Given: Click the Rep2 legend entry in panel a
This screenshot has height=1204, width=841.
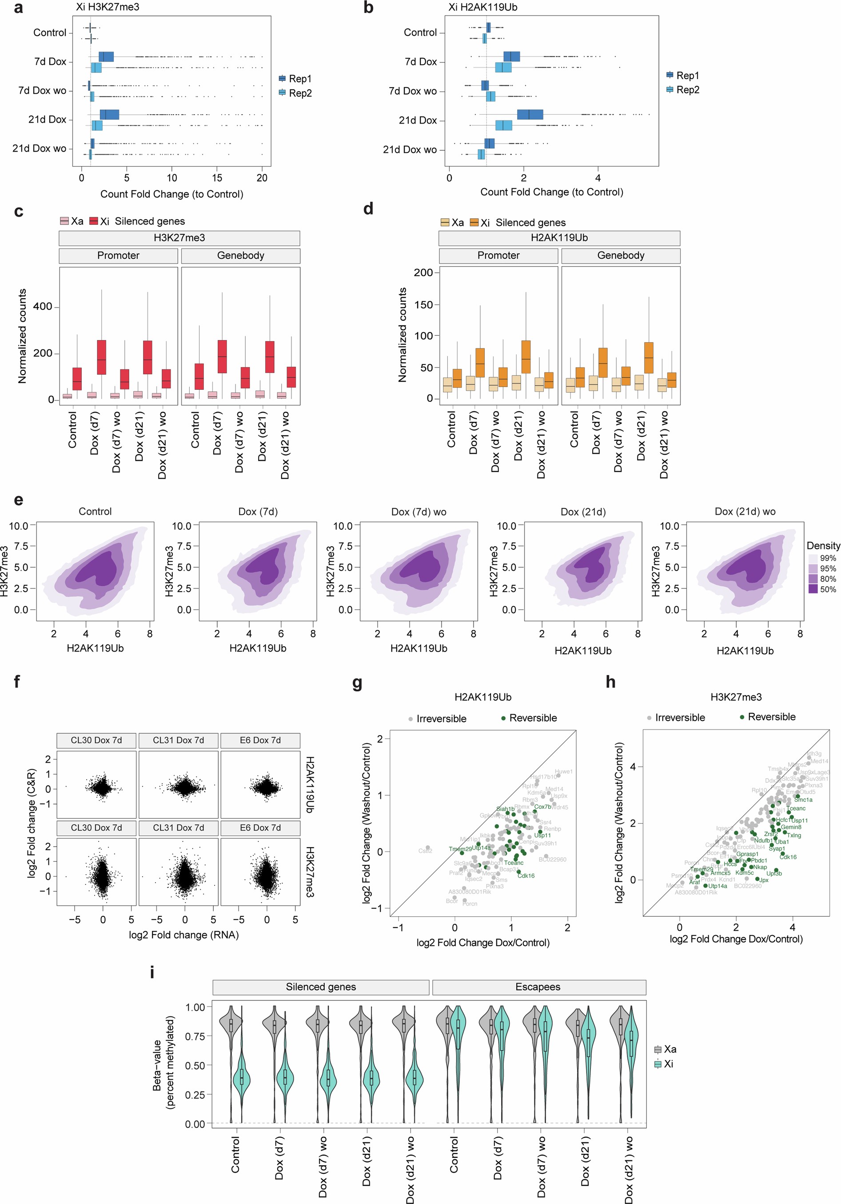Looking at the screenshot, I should click(299, 93).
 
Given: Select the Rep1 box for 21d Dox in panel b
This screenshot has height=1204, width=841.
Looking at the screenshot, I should click(530, 114).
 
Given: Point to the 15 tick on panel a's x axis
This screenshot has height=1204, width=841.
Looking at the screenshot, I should click(217, 178).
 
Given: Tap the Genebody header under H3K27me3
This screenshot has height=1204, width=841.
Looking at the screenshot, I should click(241, 256).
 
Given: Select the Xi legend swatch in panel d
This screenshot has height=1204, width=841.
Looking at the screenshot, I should click(474, 222).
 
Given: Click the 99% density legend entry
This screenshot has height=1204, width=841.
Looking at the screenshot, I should click(827, 558).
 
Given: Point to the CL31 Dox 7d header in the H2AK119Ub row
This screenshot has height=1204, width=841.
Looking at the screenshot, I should click(178, 740).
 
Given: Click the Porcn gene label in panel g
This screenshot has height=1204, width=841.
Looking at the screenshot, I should click(470, 904).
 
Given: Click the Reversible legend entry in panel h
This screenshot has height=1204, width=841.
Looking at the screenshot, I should click(771, 716).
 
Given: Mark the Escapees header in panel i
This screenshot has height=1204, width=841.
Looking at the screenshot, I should click(538, 987).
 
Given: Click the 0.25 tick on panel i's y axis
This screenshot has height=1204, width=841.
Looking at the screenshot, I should click(195, 1094).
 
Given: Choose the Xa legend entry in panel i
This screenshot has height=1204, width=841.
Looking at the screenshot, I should click(670, 1049).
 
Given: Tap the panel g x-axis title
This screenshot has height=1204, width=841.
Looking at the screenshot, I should click(482, 942).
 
